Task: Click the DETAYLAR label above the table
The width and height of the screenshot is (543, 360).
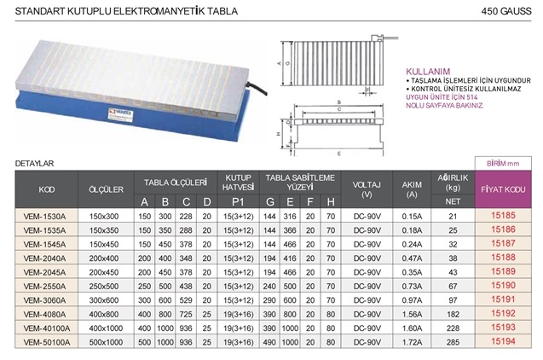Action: [x=35, y=162]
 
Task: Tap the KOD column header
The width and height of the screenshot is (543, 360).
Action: [x=48, y=189]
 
